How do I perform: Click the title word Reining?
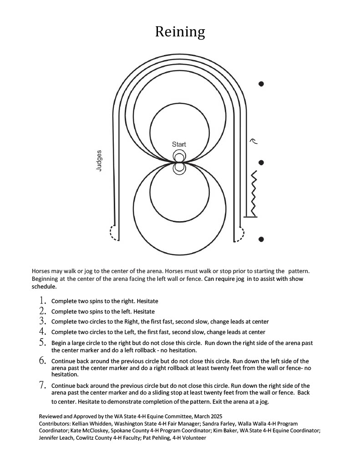coord(180,32)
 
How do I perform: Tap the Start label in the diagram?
coord(179,144)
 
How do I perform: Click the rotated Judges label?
coord(99,160)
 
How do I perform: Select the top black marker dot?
coord(261,84)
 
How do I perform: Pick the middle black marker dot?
coord(261,162)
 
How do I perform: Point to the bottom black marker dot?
coord(261,239)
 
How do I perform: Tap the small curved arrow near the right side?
coord(254,141)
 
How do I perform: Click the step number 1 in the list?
coord(43,300)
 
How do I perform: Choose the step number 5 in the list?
coord(43,342)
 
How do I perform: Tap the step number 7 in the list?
coord(43,385)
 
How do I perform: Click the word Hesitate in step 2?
coord(144,312)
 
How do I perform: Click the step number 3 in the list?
coord(43,321)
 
